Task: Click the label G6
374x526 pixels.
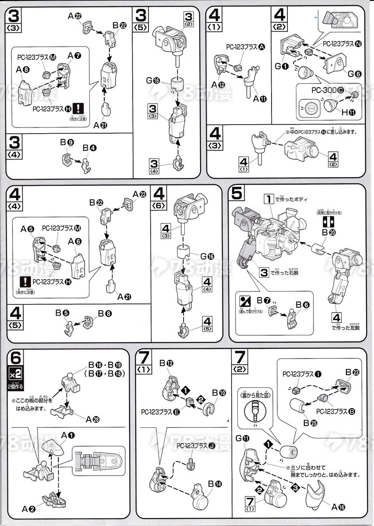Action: coord(355,74)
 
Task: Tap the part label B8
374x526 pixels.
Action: coord(105,314)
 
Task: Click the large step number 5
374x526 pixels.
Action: coord(237,193)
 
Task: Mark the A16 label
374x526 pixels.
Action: coord(339,507)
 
